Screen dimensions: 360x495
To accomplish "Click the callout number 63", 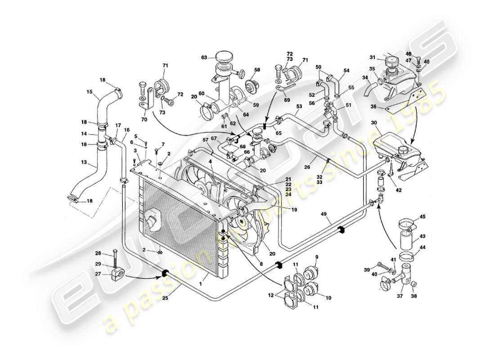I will click(x=204, y=58).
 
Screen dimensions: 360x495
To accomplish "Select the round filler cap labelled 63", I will click(x=223, y=57).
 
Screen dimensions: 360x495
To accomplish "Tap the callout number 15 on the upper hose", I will click(x=89, y=92).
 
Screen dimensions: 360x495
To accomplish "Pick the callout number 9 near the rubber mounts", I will click(x=316, y=257).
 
